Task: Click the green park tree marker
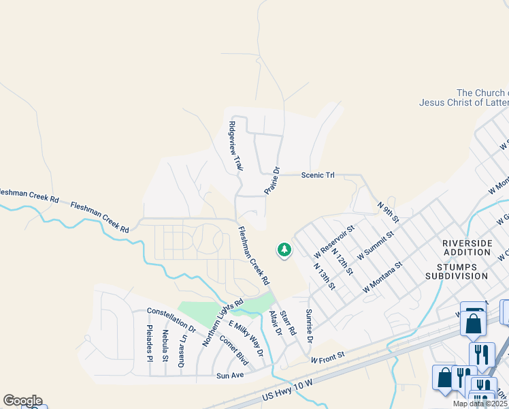pyautogui.click(x=284, y=251)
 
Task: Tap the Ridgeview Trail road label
pyautogui.click(x=235, y=146)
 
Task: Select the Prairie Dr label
pyautogui.click(x=272, y=181)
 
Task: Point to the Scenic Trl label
pyautogui.click(x=318, y=175)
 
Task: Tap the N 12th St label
pyautogui.click(x=342, y=261)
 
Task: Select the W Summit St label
pyautogui.click(x=371, y=251)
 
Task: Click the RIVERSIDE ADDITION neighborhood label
pyautogui.click(x=466, y=247)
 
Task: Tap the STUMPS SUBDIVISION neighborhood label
pyautogui.click(x=457, y=271)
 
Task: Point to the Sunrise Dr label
pyautogui.click(x=309, y=325)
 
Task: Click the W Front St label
pyautogui.click(x=328, y=357)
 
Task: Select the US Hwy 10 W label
pyautogui.click(x=286, y=395)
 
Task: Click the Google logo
pyautogui.click(x=22, y=401)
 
